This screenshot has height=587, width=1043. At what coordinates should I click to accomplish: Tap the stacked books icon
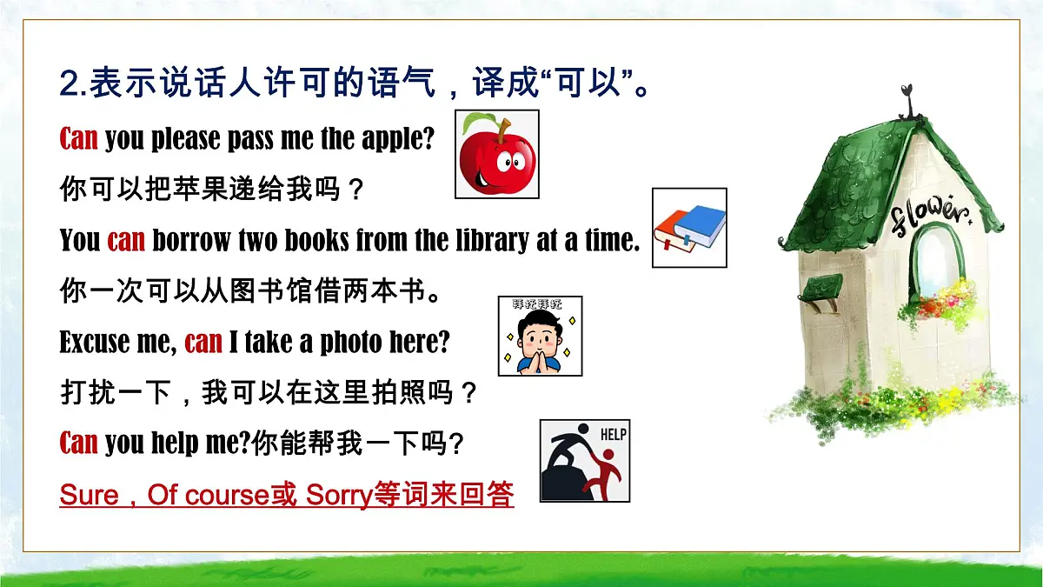689,228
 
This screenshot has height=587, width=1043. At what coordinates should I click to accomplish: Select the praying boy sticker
540,336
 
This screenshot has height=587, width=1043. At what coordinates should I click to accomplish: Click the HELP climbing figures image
584,461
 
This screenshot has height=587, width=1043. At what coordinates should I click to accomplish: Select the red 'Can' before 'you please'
78,139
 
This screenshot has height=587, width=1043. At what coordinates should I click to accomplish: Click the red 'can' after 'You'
126,240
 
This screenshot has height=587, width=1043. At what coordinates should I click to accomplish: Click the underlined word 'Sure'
89,495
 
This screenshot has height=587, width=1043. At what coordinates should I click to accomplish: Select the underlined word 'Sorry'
339,495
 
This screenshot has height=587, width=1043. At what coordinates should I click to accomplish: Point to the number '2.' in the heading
71,85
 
